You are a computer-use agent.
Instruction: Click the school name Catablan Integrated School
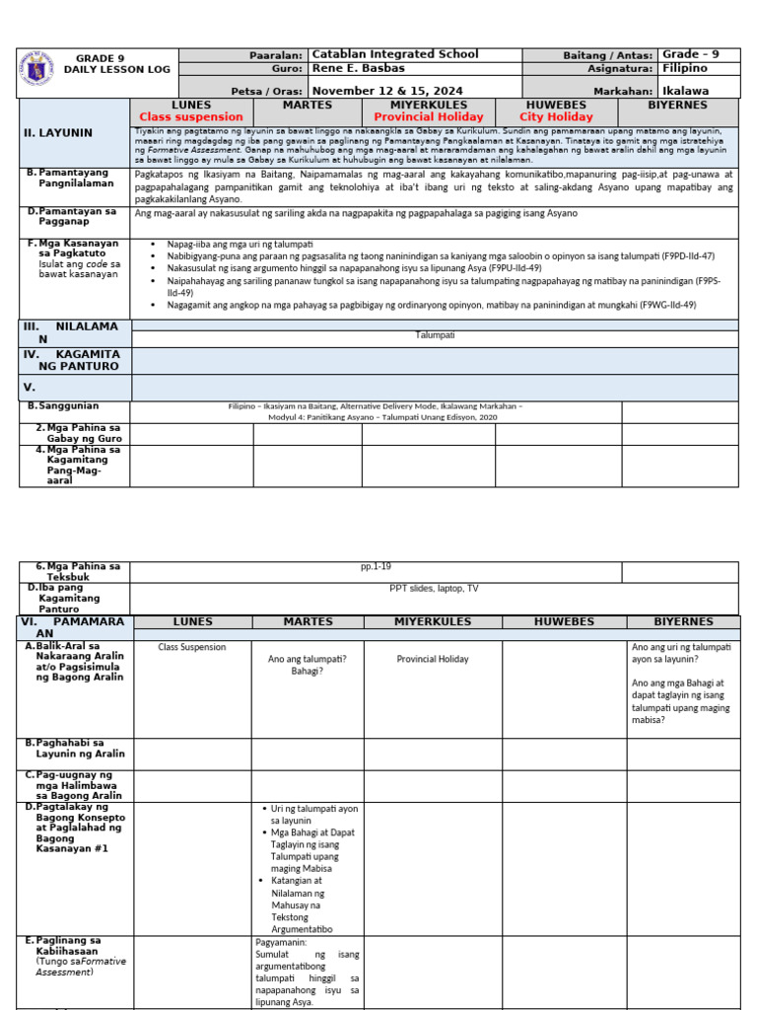click(394, 54)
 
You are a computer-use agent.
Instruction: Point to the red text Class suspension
click(191, 116)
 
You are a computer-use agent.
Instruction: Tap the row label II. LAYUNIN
click(58, 132)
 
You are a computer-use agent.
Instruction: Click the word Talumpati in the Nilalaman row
click(435, 335)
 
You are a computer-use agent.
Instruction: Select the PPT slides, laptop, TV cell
click(435, 587)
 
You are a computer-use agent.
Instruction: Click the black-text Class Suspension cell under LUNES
click(192, 647)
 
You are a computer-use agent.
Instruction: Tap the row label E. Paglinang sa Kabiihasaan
click(68, 946)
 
